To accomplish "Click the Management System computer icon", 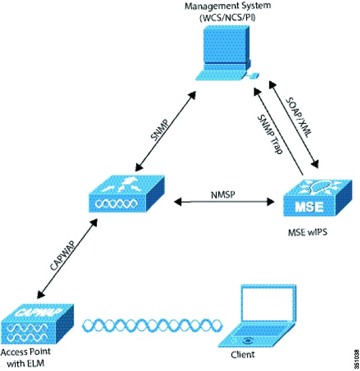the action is click(226, 53).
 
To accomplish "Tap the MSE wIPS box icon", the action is click(317, 198).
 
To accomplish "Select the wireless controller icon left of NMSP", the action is click(127, 194).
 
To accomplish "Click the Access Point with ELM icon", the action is click(37, 324).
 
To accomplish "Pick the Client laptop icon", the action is click(257, 316).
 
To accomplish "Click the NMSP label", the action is click(223, 195).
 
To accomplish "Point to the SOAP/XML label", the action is click(299, 117).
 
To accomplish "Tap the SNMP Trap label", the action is click(270, 134).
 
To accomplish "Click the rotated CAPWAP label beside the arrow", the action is click(63, 256).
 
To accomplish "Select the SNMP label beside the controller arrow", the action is click(160, 130).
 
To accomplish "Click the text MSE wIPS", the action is click(307, 232).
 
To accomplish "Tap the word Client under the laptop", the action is click(242, 354).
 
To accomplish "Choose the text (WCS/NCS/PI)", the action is click(228, 18).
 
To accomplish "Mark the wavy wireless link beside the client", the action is click(153, 326).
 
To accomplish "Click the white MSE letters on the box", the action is click(309, 207).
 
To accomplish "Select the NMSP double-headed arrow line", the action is click(224, 202).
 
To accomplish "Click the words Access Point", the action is click(25, 352).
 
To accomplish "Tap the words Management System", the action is click(228, 6).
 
